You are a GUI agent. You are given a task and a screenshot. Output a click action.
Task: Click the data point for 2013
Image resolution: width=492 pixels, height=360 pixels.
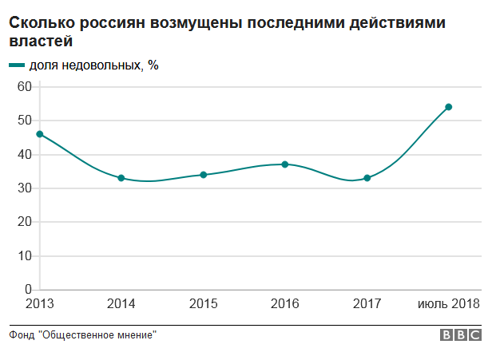(x=39, y=134)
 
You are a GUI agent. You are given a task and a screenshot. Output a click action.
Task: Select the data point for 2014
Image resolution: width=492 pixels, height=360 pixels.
(x=121, y=178)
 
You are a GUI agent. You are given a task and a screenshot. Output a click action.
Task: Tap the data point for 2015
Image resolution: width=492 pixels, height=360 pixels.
(x=204, y=175)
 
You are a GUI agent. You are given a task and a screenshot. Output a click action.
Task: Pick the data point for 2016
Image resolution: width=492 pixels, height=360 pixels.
(x=285, y=164)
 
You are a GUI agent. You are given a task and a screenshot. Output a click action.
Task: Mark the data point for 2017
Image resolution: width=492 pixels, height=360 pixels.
(x=367, y=178)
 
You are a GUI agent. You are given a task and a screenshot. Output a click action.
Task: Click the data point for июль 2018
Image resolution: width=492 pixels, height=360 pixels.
(x=449, y=107)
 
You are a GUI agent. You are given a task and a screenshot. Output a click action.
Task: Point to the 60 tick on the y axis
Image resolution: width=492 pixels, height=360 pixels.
(x=23, y=86)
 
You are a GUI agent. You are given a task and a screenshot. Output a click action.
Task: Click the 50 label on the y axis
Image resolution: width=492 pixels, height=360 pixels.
(x=23, y=121)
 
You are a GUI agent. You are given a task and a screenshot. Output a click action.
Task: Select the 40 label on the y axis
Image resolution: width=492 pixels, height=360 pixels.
(x=23, y=155)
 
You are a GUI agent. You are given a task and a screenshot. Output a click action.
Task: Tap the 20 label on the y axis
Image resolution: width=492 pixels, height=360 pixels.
(x=23, y=222)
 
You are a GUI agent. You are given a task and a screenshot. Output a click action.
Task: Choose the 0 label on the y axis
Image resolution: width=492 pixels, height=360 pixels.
(x=27, y=290)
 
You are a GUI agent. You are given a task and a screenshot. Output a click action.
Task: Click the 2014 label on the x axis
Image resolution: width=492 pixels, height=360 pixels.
(x=121, y=304)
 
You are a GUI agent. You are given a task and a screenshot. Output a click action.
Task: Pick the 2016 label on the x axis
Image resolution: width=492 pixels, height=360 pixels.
(x=285, y=304)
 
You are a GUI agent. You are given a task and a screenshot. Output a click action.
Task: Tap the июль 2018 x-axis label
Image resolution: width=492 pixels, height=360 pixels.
(x=449, y=304)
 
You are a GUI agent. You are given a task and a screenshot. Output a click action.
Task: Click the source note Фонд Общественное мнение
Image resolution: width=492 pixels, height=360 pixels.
(x=82, y=335)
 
